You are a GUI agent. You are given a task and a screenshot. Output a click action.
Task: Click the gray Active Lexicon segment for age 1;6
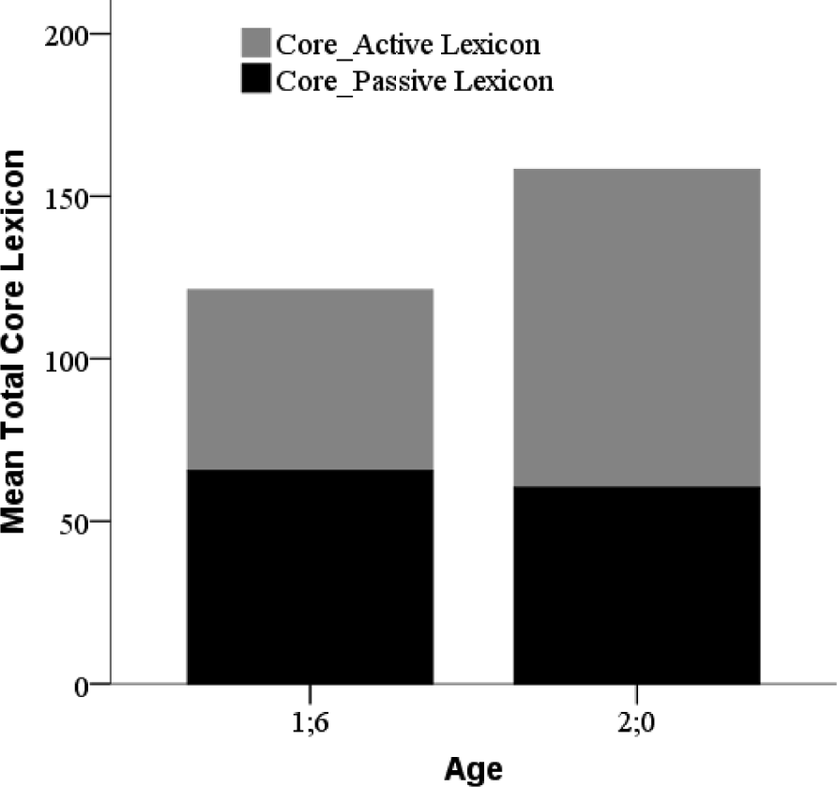(x=310, y=379)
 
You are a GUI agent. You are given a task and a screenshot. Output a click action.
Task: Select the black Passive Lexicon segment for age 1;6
(x=310, y=576)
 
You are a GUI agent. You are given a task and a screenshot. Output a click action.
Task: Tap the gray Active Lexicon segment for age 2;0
(x=636, y=327)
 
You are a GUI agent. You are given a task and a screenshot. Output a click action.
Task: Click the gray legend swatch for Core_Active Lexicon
(x=256, y=44)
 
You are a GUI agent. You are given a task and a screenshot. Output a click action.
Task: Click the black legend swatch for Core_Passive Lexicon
(x=256, y=81)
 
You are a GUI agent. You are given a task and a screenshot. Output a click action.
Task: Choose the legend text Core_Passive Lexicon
(x=413, y=82)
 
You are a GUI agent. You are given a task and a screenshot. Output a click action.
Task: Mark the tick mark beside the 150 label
(x=101, y=197)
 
